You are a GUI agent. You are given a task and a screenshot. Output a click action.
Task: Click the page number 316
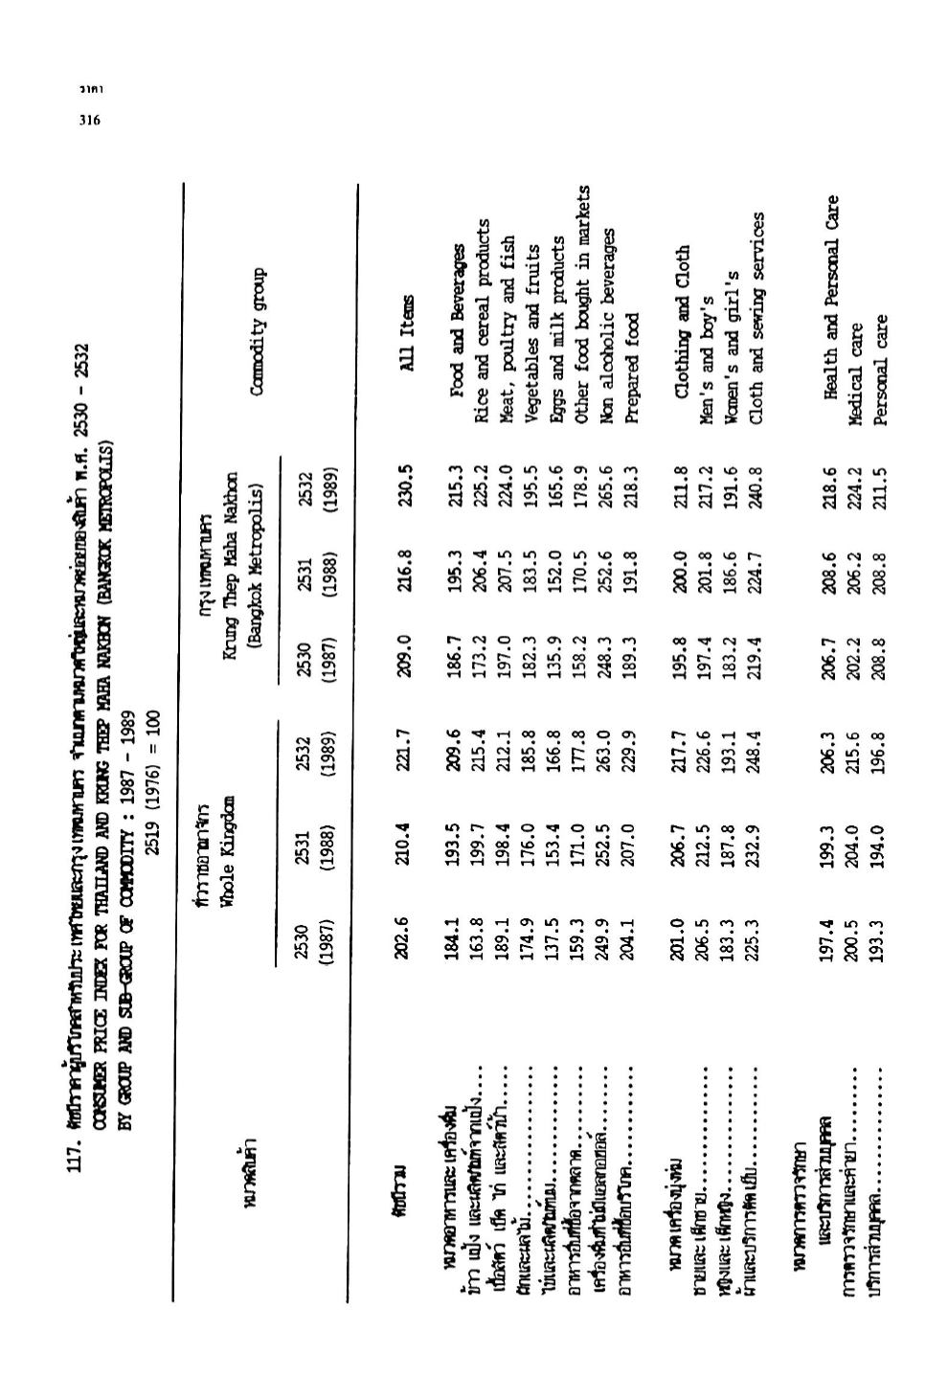click(x=89, y=121)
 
